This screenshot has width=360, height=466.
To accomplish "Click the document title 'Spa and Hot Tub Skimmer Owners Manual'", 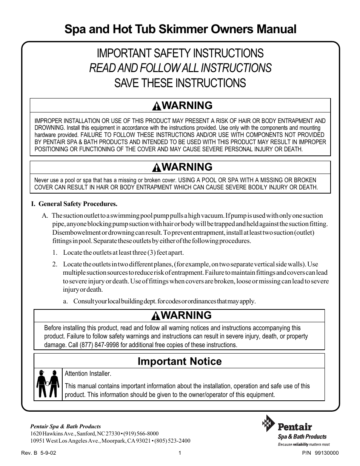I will point(180,29).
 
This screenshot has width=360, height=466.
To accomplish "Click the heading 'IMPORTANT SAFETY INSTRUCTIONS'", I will point(180,53).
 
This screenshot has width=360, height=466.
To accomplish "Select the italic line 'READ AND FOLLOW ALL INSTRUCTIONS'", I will point(180,68).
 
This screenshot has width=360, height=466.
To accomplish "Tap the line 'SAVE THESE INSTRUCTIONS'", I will point(180,83).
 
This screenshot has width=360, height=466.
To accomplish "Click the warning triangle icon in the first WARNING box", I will point(156,106).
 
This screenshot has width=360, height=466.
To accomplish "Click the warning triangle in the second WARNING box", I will point(156,168).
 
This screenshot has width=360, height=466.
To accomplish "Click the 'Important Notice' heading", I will point(179,361).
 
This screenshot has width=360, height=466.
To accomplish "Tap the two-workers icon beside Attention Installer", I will point(48,384).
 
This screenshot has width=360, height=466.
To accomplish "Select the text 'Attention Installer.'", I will point(88,374).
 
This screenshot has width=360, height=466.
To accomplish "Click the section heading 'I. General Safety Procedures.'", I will point(74,204).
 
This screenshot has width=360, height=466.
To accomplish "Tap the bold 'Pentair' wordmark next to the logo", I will point(295,427).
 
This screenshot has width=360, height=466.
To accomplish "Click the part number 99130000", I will point(326,453).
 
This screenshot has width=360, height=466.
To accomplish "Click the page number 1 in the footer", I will point(180,453).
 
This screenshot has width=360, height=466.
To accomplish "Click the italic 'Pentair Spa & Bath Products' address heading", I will point(65,426).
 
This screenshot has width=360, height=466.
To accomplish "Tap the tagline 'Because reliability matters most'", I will point(304,444).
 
